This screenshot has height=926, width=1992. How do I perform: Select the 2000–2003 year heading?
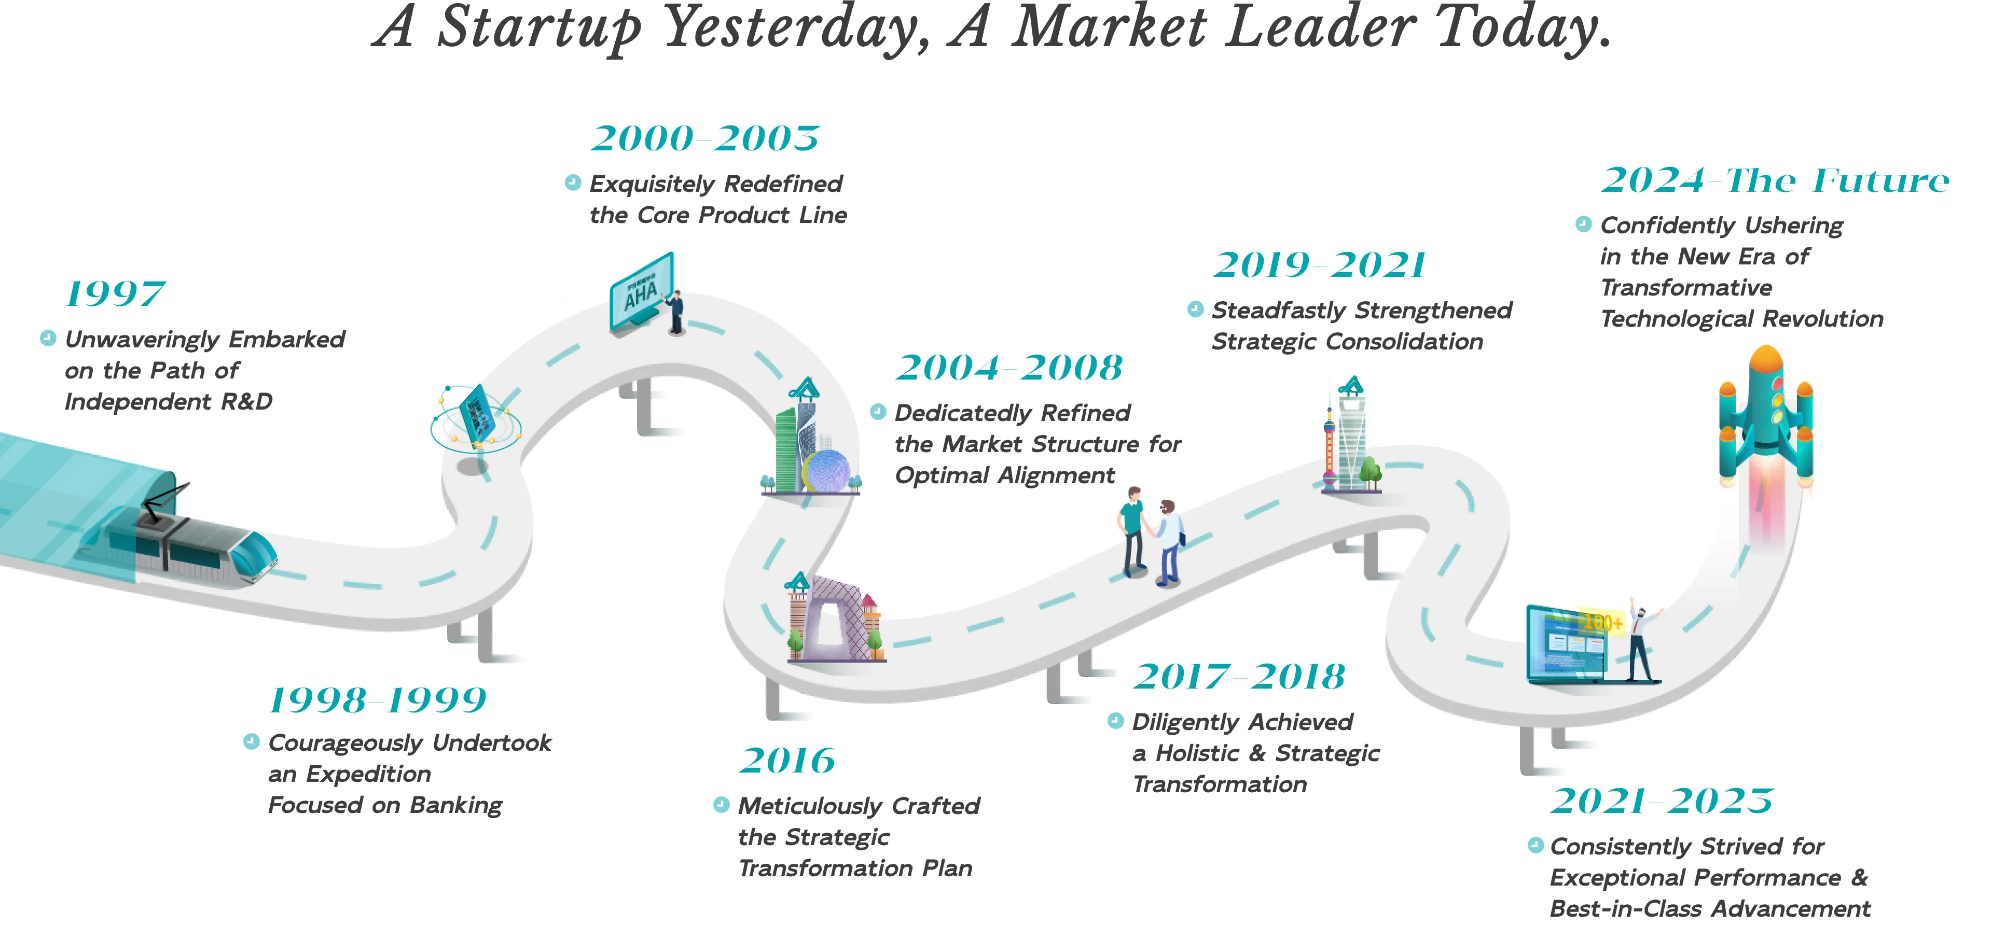(x=704, y=139)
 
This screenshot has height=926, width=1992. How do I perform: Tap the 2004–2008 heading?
(x=1009, y=368)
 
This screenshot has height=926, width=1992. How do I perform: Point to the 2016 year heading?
(x=787, y=761)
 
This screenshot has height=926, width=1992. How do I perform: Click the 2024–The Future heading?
(x=1775, y=181)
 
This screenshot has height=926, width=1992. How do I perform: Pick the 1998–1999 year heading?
(x=377, y=701)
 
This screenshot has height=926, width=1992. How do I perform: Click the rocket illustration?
(x=1766, y=417)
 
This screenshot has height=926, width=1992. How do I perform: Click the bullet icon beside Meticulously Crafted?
(x=721, y=805)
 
